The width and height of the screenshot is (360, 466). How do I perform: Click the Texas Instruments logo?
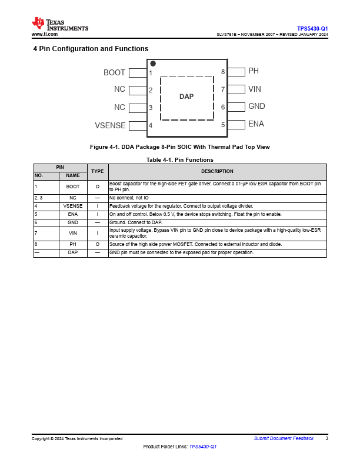point(60,24)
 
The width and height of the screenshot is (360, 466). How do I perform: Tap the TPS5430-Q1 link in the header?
point(312,28)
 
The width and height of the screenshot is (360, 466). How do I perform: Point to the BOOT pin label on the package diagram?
point(114,73)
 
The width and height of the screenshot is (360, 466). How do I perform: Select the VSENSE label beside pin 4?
point(110,125)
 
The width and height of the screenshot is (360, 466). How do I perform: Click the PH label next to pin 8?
point(254,71)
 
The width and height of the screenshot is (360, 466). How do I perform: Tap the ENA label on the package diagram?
point(256,124)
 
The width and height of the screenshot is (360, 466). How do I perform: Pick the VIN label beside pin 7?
point(255,89)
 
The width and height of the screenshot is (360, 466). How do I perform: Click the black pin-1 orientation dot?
point(153,64)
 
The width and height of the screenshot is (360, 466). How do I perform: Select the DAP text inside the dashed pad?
point(186,96)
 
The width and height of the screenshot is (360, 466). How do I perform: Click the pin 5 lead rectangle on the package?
point(236,124)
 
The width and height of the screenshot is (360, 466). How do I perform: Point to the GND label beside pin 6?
point(256,106)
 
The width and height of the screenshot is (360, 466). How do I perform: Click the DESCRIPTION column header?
point(217,171)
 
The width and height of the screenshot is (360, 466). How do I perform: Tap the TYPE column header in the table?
point(97,171)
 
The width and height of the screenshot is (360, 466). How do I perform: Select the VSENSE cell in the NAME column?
point(73,207)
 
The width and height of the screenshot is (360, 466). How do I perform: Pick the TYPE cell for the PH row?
point(97,244)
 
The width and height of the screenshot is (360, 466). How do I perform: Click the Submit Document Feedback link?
point(284,438)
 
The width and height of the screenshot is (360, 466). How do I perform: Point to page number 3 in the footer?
point(326,438)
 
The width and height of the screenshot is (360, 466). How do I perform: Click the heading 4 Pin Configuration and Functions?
point(91,49)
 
